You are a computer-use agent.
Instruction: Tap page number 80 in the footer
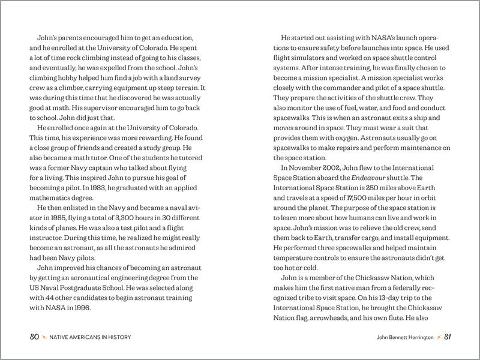click(35, 337)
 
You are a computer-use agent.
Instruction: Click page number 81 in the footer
click(447, 337)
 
